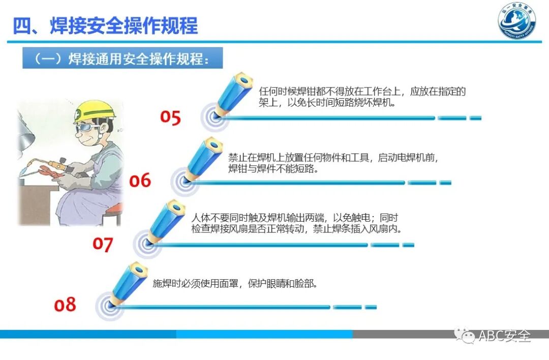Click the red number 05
tap(170, 117)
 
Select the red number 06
tap(140, 181)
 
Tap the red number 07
tap(102, 244)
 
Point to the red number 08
tap(65, 305)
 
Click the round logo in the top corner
tap(516, 23)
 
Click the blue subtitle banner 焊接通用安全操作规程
tap(123, 58)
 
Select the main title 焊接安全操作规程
tap(105, 25)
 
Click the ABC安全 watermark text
tap(504, 336)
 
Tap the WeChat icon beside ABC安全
tap(464, 335)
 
